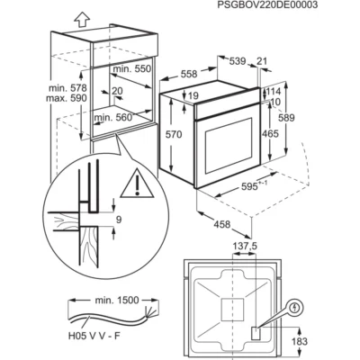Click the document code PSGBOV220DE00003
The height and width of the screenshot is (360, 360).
(263, 5)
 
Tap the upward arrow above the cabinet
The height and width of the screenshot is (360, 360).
(82, 20)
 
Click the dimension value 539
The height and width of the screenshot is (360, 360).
(238, 61)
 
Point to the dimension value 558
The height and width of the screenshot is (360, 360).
(189, 74)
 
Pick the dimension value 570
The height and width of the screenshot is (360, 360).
(174, 135)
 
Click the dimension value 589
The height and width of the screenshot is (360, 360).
(286, 118)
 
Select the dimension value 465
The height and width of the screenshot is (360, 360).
(270, 134)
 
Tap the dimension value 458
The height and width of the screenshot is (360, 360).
(221, 224)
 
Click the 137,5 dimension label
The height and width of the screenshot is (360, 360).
(246, 247)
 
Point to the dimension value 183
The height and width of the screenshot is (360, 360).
(300, 341)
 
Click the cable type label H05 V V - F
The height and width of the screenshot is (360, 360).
(94, 336)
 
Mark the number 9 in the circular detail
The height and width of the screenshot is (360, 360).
(119, 220)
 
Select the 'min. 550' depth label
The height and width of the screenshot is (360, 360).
(132, 69)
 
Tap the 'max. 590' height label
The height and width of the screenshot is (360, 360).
(67, 98)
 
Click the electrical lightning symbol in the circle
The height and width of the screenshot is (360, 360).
(296, 307)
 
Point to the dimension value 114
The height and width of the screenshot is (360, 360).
(273, 91)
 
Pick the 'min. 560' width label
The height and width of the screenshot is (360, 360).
(113, 118)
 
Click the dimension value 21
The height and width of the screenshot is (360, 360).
(262, 61)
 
